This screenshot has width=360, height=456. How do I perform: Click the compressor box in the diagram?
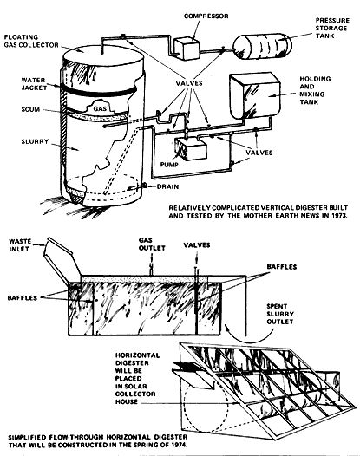click(187, 49)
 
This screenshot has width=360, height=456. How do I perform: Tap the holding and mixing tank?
click(255, 95)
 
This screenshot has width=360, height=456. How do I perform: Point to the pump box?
click(191, 149)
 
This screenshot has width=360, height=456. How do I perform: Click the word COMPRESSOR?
click(206, 16)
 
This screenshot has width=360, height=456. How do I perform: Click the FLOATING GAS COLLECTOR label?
click(31, 41)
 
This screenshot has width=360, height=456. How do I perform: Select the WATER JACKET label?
click(34, 84)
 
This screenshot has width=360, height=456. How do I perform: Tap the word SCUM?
click(30, 109)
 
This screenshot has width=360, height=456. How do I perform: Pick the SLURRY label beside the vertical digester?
click(35, 141)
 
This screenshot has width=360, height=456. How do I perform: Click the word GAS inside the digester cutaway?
click(100, 108)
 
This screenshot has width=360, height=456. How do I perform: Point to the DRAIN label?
click(167, 186)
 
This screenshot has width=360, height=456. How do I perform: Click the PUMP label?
click(169, 165)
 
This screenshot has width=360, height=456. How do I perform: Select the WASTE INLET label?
click(20, 244)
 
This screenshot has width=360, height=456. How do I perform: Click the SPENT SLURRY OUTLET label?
click(280, 314)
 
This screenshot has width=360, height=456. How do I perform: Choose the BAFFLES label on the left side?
click(22, 298)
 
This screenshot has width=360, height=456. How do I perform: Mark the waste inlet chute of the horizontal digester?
click(62, 260)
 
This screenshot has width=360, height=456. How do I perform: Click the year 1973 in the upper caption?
click(338, 216)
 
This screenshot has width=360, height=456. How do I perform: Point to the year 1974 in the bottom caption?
click(178, 445)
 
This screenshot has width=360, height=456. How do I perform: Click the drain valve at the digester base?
click(144, 186)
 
